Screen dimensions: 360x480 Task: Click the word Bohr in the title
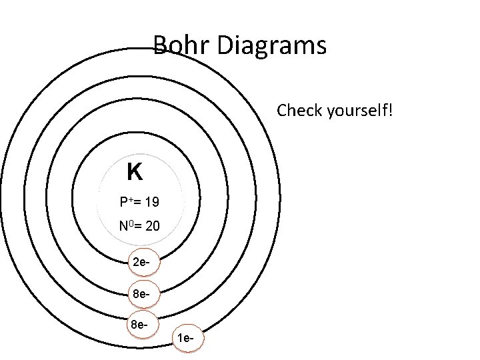coord(176,45)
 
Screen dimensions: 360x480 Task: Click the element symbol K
coord(134,173)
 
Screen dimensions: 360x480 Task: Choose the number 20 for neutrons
coord(151,227)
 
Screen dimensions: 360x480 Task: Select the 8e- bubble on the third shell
coord(139,325)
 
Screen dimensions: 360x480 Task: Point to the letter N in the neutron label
coord(123,227)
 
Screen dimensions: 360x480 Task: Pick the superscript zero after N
coord(130,223)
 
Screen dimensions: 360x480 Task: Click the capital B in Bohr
coord(160,45)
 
